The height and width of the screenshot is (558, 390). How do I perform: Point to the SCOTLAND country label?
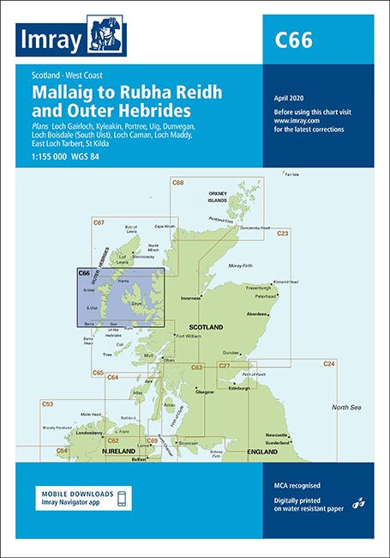coord(206,328)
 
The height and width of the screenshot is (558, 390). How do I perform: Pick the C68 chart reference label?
coord(177,183)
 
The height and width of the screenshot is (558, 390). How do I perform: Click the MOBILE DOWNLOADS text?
coord(75,493)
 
